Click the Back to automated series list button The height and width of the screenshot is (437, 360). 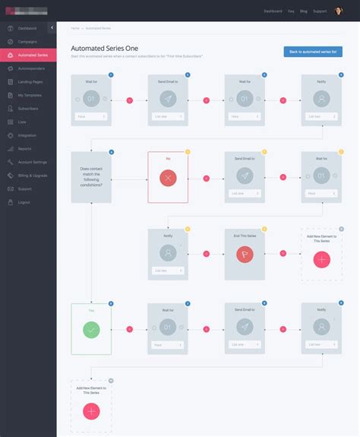(x=312, y=52)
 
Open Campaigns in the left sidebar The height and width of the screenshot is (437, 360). (x=27, y=42)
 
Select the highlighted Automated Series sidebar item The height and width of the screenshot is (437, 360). (x=32, y=55)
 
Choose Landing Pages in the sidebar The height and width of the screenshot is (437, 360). (x=30, y=81)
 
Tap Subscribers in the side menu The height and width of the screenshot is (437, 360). (x=29, y=108)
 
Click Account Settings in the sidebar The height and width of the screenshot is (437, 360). (x=32, y=162)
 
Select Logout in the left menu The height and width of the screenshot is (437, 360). (x=24, y=202)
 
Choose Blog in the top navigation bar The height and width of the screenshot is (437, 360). (x=303, y=11)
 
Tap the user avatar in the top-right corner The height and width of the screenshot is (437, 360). (x=339, y=11)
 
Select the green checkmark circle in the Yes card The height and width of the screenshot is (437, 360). (x=91, y=330)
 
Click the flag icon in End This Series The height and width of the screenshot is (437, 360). (x=244, y=255)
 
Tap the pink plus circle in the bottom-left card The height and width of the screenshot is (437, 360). (x=91, y=411)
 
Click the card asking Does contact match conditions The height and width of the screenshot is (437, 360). (x=91, y=177)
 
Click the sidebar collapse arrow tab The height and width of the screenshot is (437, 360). (x=52, y=28)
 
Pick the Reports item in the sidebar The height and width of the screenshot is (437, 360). (x=24, y=148)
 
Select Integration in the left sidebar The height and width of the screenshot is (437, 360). (x=27, y=135)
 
